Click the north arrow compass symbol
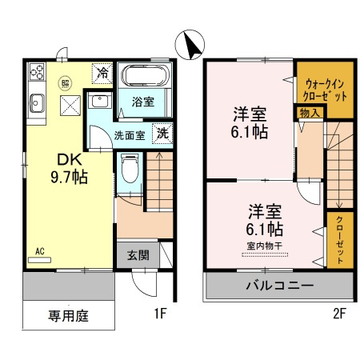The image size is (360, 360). click(190, 43)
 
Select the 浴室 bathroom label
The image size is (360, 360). click(143, 102)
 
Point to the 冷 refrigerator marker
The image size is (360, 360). click(103, 72)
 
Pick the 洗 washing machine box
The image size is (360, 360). click(162, 134)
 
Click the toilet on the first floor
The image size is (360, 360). click(130, 168)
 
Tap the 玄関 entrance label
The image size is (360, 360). click(138, 256)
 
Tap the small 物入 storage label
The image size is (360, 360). click(309, 114)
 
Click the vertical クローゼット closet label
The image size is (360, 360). click(340, 238)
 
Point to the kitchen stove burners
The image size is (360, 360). click(36, 74)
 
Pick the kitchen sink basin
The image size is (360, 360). click(38, 102)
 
